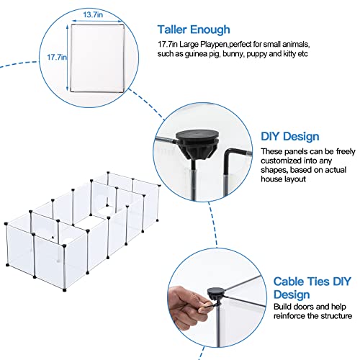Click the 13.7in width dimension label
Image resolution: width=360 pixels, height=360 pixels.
93,14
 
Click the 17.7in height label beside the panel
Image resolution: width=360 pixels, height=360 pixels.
57,57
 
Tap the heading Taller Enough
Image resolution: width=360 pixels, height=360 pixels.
194,30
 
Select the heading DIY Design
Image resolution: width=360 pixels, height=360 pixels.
290,136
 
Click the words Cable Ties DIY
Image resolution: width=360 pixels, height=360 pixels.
312,282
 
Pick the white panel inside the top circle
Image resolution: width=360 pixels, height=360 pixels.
97,58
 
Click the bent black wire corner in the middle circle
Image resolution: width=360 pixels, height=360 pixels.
228,151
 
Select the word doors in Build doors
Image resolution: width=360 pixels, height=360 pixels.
304,307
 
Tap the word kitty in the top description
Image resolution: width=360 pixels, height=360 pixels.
289,54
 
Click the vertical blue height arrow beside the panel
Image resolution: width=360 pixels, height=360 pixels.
68,58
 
